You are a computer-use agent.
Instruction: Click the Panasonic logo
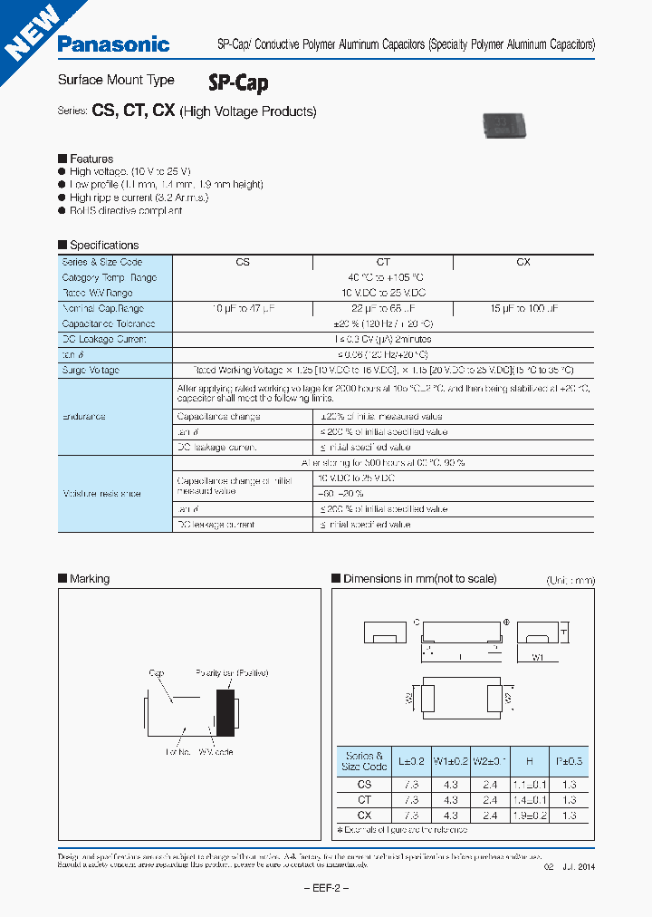point(113,43)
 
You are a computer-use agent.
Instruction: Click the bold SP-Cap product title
point(238,83)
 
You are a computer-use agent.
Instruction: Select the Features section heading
point(91,159)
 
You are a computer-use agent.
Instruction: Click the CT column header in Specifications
point(383,262)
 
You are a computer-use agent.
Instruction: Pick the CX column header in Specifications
point(523,262)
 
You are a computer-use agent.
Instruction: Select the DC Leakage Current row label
point(103,339)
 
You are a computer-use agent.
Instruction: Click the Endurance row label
point(84,417)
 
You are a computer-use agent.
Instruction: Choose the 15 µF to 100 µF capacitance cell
point(523,308)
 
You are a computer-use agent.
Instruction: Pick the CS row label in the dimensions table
point(365,785)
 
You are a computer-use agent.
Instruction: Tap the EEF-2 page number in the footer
point(325,888)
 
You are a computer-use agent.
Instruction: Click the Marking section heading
point(89,578)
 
